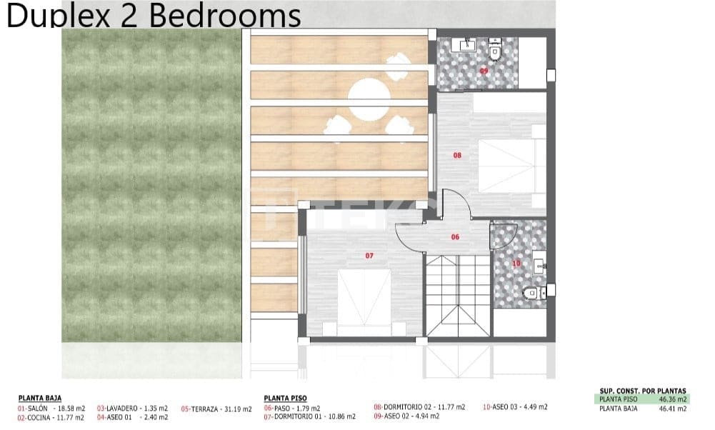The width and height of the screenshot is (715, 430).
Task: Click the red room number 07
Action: [369, 255]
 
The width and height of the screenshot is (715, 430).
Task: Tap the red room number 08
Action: [457, 154]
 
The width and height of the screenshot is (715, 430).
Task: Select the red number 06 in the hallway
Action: [455, 237]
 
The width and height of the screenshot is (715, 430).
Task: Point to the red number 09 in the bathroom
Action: [484, 71]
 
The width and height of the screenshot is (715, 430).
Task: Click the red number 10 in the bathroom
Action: [516, 264]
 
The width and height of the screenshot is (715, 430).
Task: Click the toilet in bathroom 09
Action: [496, 51]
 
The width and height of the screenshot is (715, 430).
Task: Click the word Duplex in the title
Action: [59, 16]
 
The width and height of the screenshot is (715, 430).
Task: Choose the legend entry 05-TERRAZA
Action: [216, 409]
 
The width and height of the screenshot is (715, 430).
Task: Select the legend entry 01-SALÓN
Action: [51, 408]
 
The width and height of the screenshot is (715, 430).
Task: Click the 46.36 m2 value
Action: [672, 399]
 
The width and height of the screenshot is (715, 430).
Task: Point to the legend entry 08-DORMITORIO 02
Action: [419, 407]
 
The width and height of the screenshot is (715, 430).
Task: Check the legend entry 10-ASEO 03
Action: [515, 407]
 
